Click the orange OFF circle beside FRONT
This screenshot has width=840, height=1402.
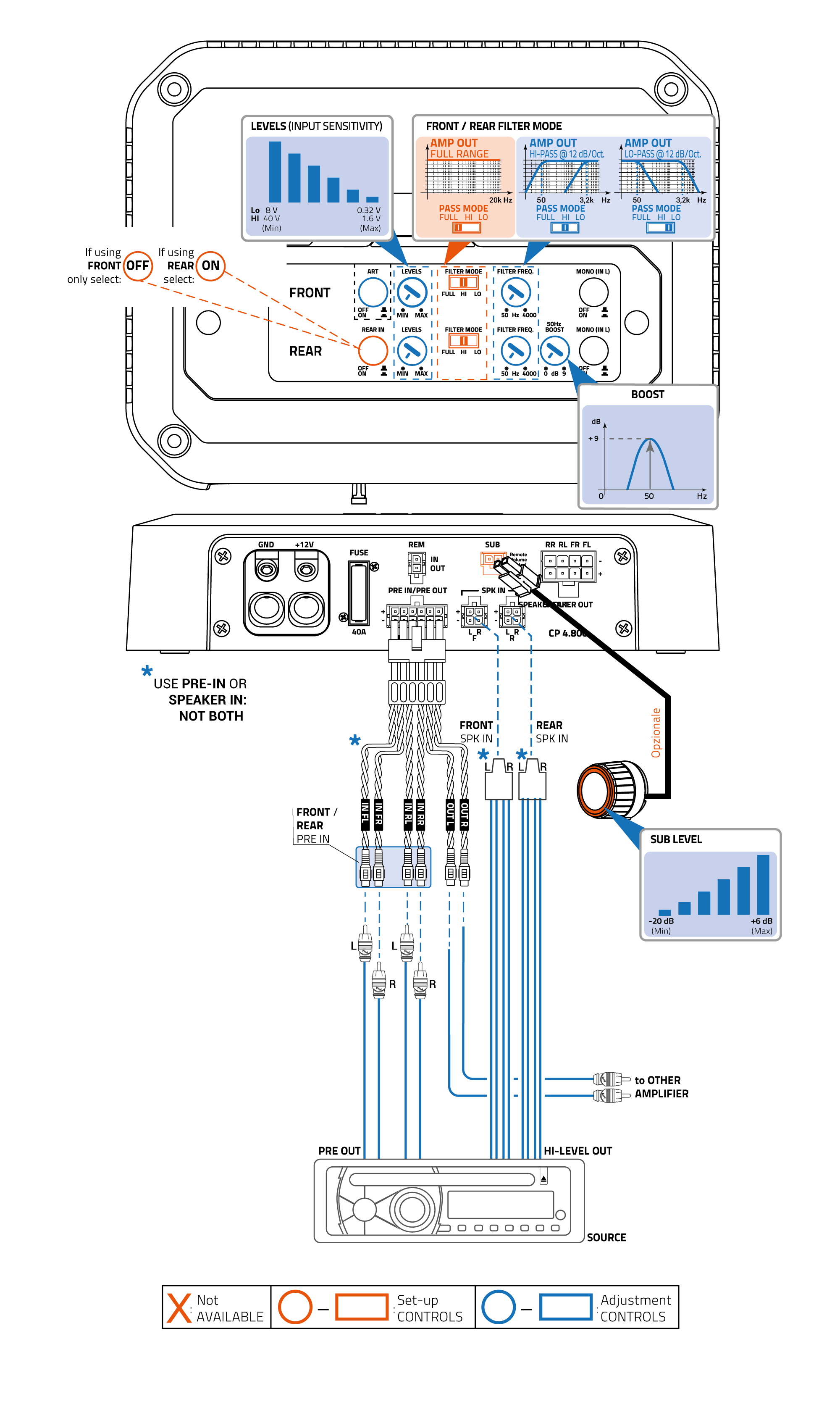coord(137,266)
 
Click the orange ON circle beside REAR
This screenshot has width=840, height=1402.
coord(210,266)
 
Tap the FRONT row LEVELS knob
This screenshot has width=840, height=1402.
coord(412,293)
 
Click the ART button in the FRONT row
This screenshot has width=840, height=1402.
coord(373,293)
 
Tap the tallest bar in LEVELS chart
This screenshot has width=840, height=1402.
coord(275,171)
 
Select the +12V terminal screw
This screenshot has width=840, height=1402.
coord(306,569)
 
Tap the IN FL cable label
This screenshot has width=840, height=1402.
coord(365,814)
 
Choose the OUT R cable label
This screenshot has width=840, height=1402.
coord(464,814)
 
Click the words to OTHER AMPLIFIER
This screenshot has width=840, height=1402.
coord(661,1086)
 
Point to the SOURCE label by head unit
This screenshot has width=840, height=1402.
coord(606,1237)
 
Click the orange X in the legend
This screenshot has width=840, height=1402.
coord(179,1307)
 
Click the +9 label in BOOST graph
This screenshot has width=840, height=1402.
coord(593,438)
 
